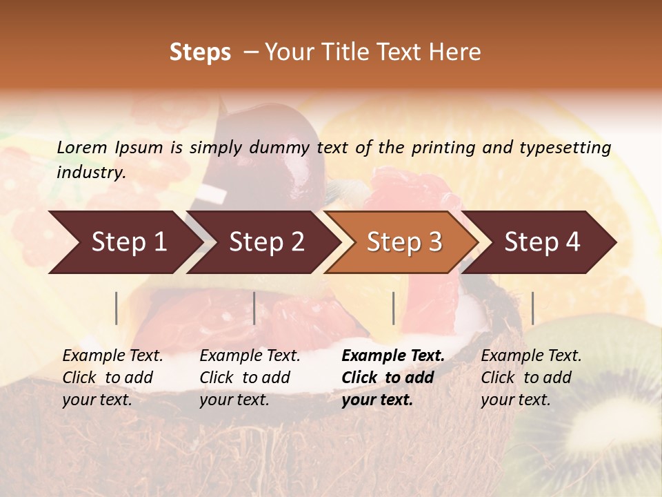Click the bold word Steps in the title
[200, 52]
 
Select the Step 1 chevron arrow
[124, 242]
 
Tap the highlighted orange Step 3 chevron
[403, 242]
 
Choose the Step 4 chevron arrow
[541, 242]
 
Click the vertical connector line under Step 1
[117, 308]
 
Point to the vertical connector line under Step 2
[254, 308]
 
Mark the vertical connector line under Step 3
[393, 308]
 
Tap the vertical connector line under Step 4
[532, 308]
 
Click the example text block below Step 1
[112, 378]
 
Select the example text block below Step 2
[250, 378]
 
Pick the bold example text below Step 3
[393, 378]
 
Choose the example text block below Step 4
[531, 378]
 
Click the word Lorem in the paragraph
[81, 148]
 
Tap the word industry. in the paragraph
[92, 173]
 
